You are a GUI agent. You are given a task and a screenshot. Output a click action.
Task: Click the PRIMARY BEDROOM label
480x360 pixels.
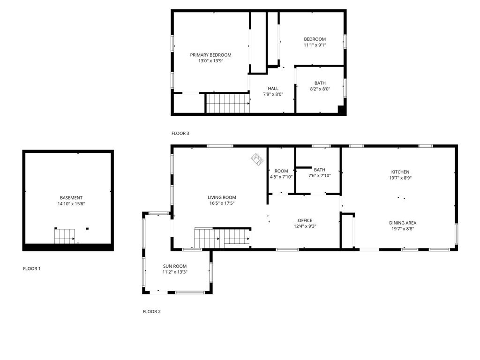(x=210, y=55)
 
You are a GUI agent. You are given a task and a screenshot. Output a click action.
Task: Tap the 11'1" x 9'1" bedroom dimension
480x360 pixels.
(x=315, y=45)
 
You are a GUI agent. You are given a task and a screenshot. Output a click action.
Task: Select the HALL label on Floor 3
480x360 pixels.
(x=273, y=88)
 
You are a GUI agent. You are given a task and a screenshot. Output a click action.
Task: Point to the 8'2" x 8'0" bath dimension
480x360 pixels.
(x=320, y=89)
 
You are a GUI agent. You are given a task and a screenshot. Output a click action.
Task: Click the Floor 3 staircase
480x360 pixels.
(x=227, y=103)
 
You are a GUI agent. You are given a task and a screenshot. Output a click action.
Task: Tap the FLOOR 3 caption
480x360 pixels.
(x=180, y=134)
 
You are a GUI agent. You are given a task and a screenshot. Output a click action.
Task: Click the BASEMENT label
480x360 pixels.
(x=71, y=198)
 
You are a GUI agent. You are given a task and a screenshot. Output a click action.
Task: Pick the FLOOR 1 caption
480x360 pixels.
(x=32, y=269)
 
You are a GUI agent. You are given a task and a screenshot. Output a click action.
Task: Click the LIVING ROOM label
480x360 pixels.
(x=222, y=197)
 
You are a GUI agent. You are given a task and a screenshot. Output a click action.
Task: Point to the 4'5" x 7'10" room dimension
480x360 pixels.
(x=281, y=177)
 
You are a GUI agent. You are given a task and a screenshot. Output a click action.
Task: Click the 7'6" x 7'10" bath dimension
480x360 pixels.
(x=320, y=176)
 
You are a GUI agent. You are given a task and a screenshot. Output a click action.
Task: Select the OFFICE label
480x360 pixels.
(x=305, y=220)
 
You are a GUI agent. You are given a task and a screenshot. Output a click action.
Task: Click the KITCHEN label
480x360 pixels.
(x=400, y=172)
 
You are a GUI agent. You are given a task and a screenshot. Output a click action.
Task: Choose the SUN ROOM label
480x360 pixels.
(x=175, y=266)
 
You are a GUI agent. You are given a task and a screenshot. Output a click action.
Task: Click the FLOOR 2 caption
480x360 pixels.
(x=152, y=311)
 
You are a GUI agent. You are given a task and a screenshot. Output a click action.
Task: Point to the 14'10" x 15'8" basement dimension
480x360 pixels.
(x=71, y=204)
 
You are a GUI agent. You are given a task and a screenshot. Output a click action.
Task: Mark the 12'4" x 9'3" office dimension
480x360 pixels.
(x=305, y=226)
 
